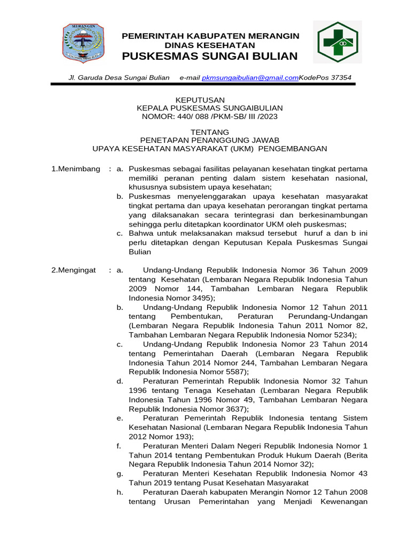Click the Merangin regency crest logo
(83, 42)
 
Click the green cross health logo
(337, 42)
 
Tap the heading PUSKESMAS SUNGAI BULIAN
(210, 57)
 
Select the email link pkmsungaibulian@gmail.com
(250, 78)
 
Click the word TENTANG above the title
(210, 132)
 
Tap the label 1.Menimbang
(75, 168)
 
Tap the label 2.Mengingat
(73, 270)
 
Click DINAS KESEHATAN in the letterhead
(210, 46)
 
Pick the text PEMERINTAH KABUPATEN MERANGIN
(211, 36)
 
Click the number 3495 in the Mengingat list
(201, 298)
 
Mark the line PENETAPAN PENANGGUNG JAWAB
(210, 140)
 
